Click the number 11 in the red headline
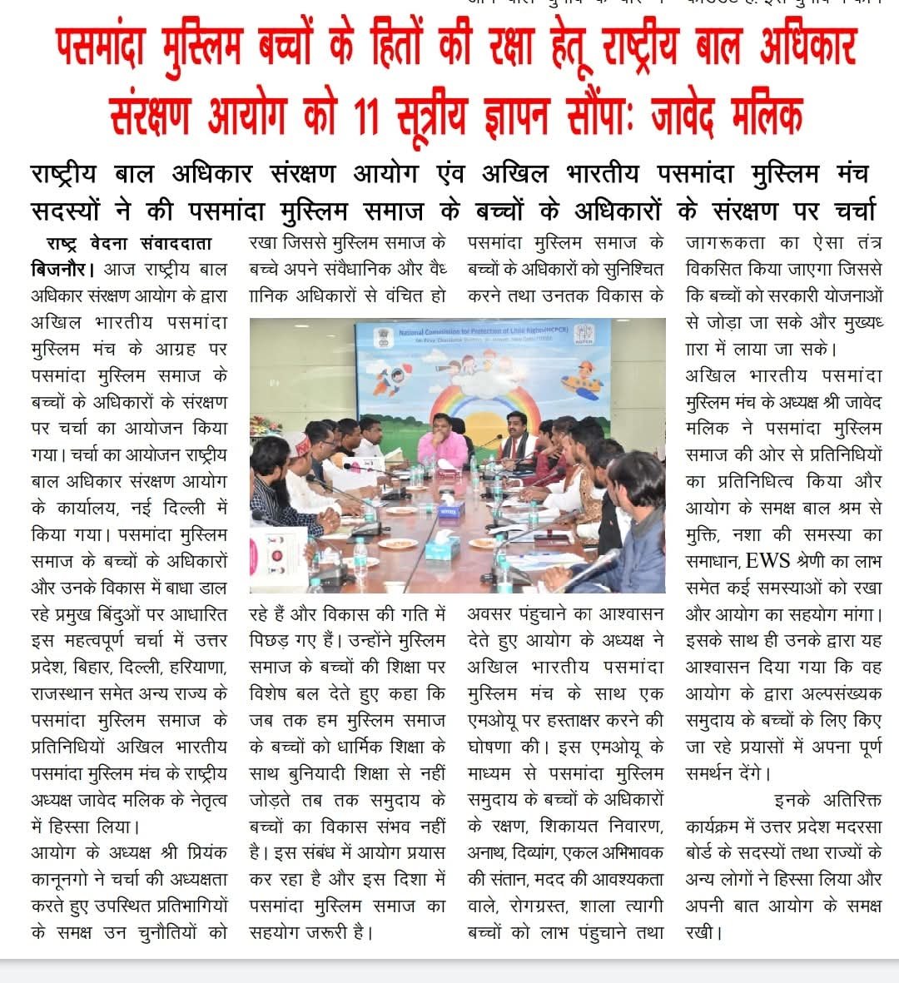click(x=365, y=115)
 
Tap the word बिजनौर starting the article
click(x=62, y=270)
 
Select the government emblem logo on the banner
click(x=385, y=335)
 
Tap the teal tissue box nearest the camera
click(x=442, y=546)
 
